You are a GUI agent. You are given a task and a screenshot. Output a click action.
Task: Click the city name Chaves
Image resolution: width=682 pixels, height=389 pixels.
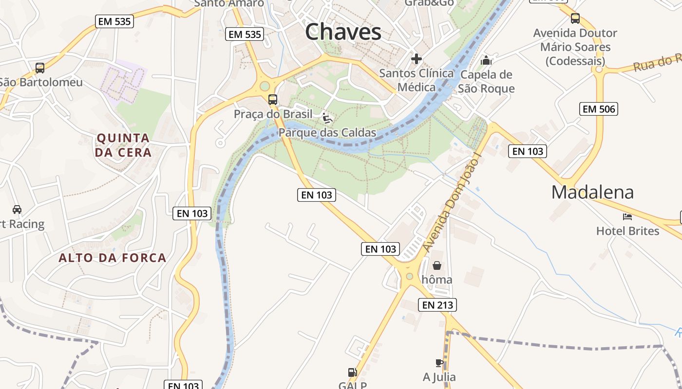(x=343, y=32)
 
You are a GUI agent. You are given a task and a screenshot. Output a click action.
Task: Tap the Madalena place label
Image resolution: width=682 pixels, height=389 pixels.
(x=592, y=193)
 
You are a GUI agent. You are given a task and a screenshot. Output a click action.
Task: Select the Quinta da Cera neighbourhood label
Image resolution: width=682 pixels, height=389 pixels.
(x=123, y=145)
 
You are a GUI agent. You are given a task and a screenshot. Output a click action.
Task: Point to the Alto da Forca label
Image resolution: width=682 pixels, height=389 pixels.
(x=113, y=258)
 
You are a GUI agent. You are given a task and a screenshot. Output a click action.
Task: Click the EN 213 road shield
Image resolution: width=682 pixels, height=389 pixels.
(x=437, y=305)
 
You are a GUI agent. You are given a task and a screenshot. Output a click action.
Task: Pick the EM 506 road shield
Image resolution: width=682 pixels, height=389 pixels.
(x=599, y=109)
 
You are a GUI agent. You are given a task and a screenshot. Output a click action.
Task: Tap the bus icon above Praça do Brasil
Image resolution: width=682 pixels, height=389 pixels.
(x=273, y=100)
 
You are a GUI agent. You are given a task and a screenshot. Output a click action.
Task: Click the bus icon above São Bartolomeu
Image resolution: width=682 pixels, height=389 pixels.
(x=40, y=68)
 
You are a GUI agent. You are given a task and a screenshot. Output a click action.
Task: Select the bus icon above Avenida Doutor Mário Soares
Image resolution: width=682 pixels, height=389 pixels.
(x=575, y=18)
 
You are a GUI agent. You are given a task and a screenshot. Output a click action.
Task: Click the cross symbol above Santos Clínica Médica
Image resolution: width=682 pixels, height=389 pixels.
(x=417, y=59)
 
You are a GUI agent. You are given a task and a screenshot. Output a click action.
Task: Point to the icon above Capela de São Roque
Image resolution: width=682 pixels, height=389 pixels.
(x=486, y=61)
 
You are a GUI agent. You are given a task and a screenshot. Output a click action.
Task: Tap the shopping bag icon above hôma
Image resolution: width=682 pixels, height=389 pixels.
(x=437, y=265)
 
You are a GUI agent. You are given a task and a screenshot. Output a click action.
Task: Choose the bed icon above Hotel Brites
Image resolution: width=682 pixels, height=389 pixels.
(x=627, y=216)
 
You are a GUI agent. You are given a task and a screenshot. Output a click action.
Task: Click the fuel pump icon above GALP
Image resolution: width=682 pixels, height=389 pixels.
(x=352, y=373)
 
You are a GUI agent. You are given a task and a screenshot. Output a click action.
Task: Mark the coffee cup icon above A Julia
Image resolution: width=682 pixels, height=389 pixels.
(x=439, y=363)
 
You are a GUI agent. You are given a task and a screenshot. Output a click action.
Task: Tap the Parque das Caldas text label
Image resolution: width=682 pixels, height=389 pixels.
(x=327, y=133)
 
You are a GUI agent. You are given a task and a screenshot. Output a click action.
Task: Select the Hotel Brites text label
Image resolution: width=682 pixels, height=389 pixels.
(x=627, y=231)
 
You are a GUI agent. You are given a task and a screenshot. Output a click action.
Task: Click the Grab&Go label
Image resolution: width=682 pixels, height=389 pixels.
(x=429, y=3)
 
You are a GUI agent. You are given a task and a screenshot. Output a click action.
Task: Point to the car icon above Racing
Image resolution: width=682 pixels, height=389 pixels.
(x=17, y=210)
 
